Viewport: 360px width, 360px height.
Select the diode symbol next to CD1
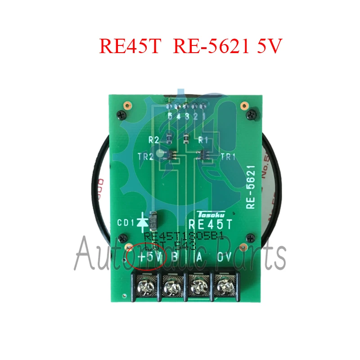(x=143, y=221)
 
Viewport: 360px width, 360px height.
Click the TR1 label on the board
(x=229, y=157)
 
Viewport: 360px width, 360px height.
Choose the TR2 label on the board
(x=146, y=157)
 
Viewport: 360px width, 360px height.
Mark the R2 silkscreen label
(x=154, y=140)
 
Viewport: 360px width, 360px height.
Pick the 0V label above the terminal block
(x=224, y=257)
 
